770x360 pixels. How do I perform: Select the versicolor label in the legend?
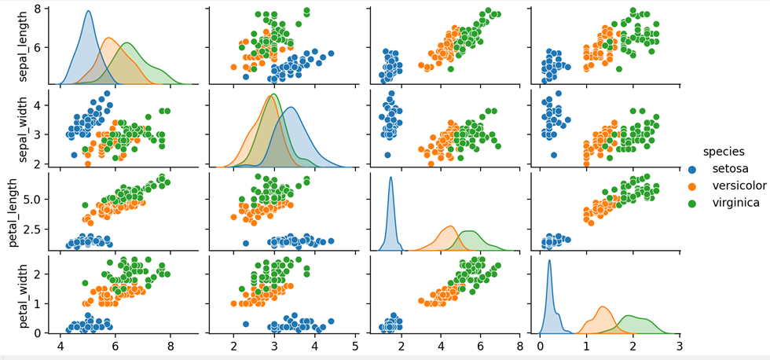739,186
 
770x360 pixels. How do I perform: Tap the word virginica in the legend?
735,203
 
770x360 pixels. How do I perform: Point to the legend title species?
724,151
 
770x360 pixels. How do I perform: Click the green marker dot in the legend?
692,203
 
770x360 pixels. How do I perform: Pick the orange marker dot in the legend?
692,186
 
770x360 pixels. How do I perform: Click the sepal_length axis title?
13,46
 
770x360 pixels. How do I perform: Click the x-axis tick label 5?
355,346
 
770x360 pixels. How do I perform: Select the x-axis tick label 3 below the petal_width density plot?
679,346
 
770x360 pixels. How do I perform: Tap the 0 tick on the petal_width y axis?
47,332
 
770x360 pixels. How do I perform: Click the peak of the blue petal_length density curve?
390,178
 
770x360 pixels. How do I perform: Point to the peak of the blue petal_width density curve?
549,261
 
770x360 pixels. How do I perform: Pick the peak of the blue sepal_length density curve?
88,12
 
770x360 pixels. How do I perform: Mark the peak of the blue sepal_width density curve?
291,108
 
